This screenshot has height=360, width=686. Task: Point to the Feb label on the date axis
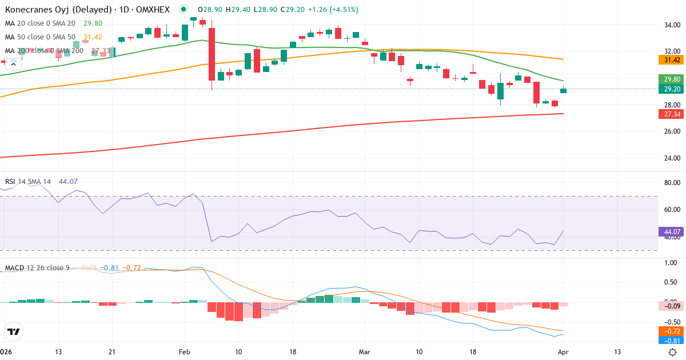(184, 351)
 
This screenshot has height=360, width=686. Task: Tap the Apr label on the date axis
(563, 351)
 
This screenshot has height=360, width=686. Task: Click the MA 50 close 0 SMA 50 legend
(40, 37)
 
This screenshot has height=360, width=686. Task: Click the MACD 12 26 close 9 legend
(37, 267)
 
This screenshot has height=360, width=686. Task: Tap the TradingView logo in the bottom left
(13, 331)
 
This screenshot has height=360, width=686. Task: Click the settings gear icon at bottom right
(673, 352)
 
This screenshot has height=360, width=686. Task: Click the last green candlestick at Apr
(563, 90)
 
